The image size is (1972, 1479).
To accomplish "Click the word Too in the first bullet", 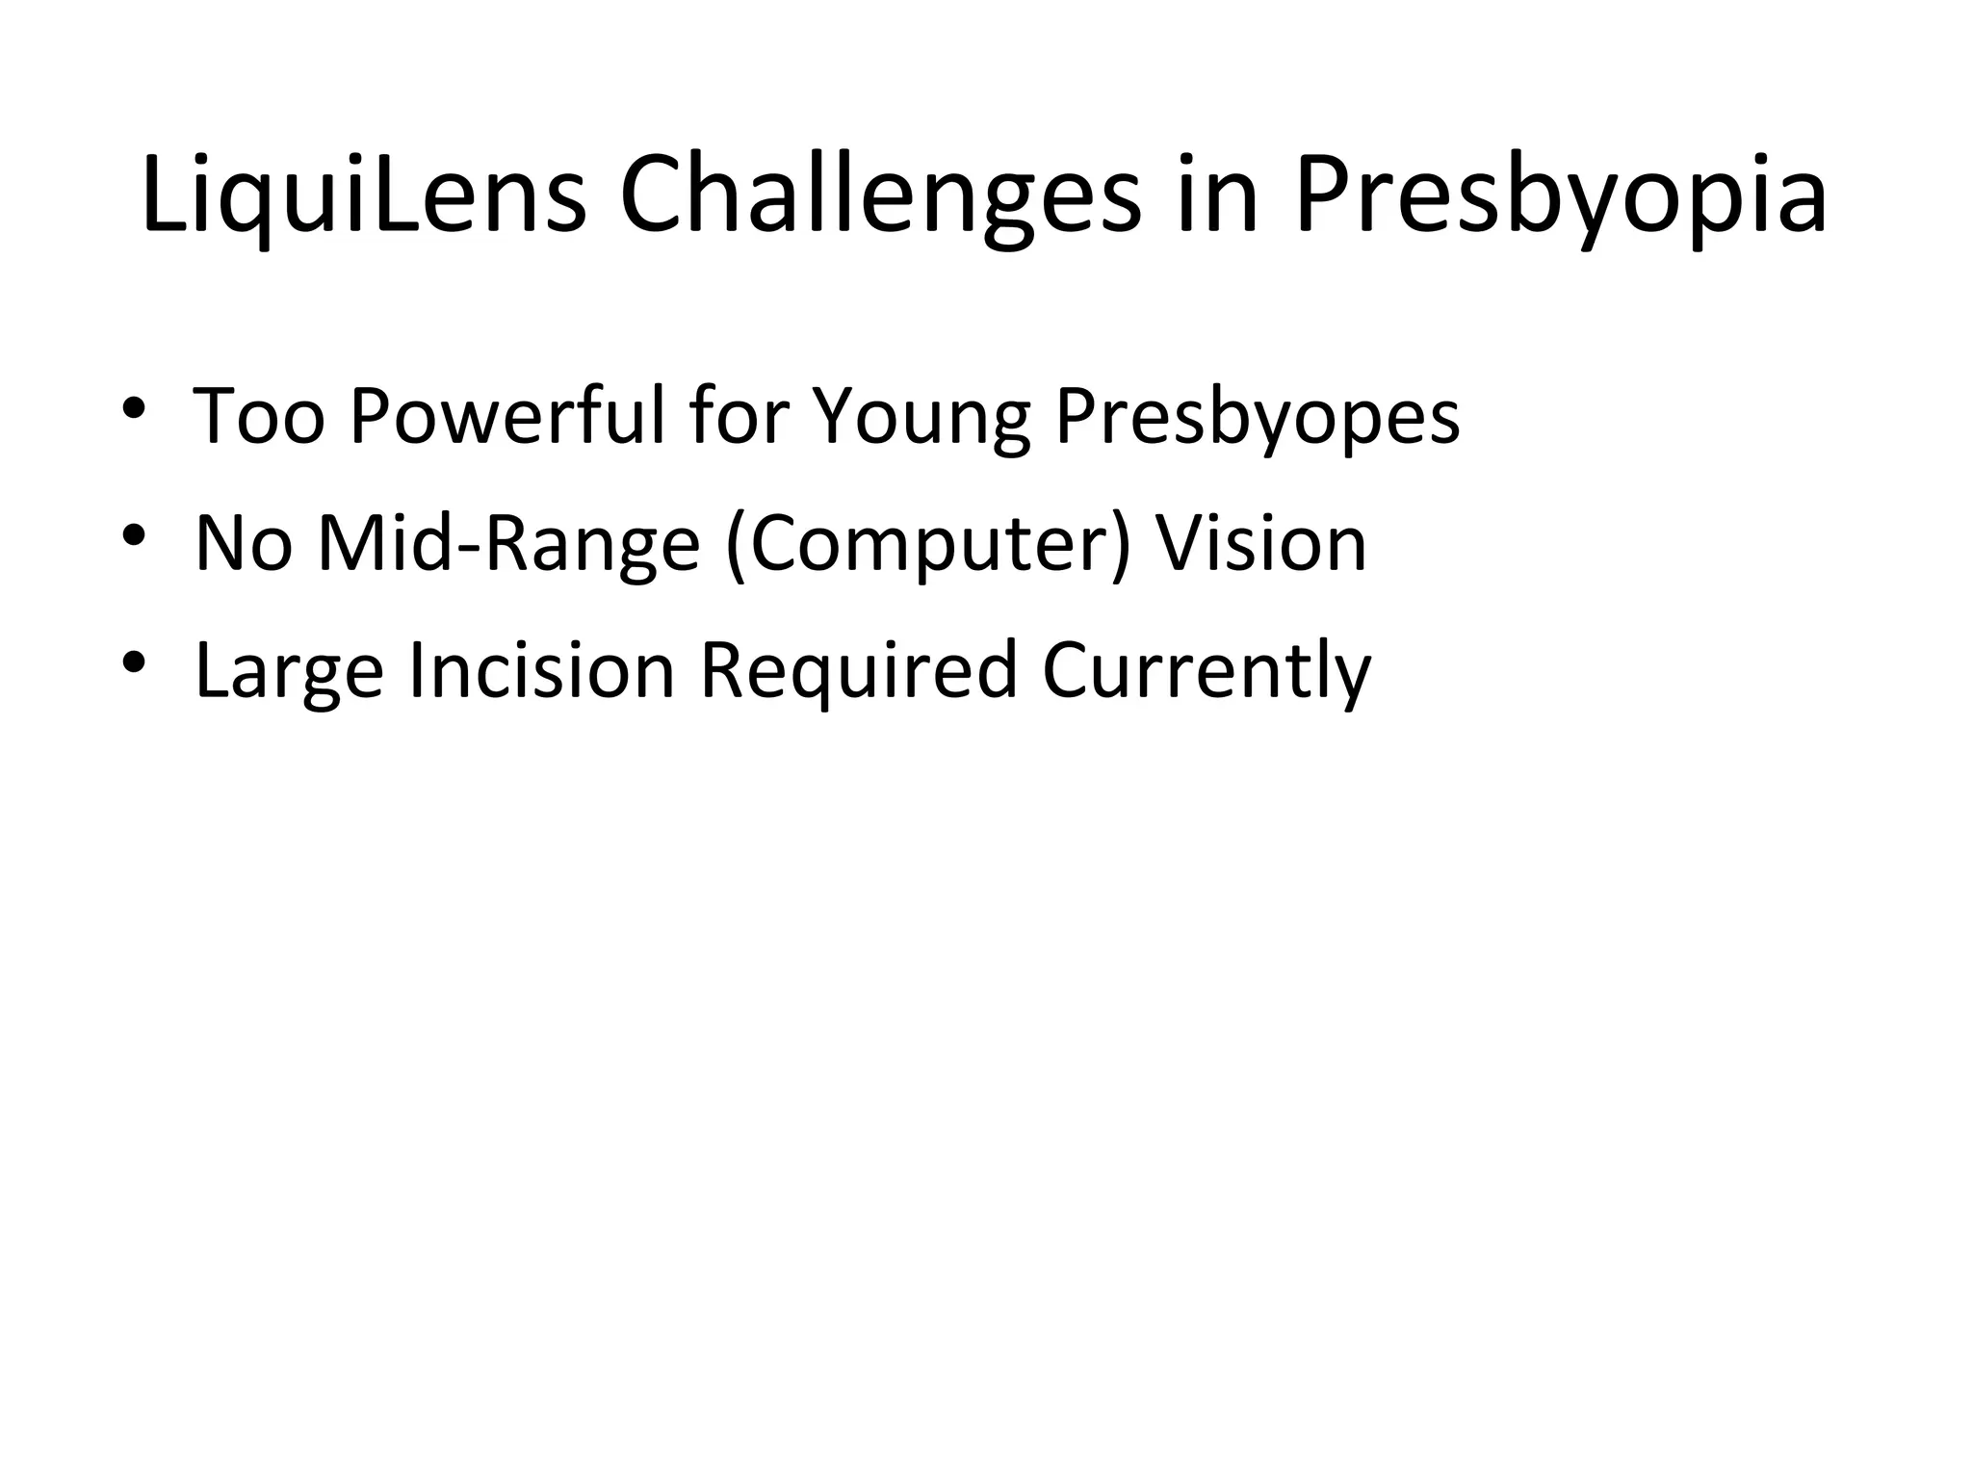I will [x=259, y=416].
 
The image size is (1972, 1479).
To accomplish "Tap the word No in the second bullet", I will [x=244, y=543].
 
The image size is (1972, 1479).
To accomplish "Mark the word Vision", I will [x=1260, y=543].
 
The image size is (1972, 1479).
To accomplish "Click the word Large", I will [x=289, y=672].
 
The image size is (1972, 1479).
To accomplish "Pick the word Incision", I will [x=541, y=670].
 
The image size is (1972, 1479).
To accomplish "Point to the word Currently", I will [x=1207, y=672].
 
